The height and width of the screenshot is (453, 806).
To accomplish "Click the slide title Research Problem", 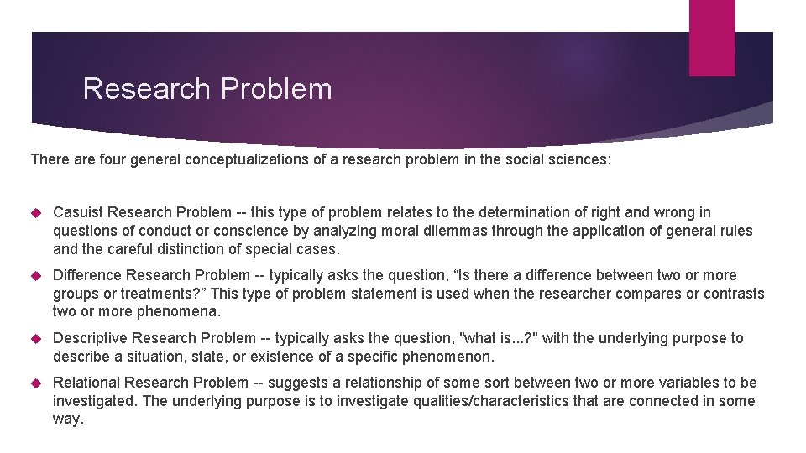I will coord(207,89).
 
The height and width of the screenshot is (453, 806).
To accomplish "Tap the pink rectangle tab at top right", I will coord(712,37).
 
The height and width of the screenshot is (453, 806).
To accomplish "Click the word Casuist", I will coord(79,212).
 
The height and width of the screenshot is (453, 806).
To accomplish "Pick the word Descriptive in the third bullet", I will coord(92,338).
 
